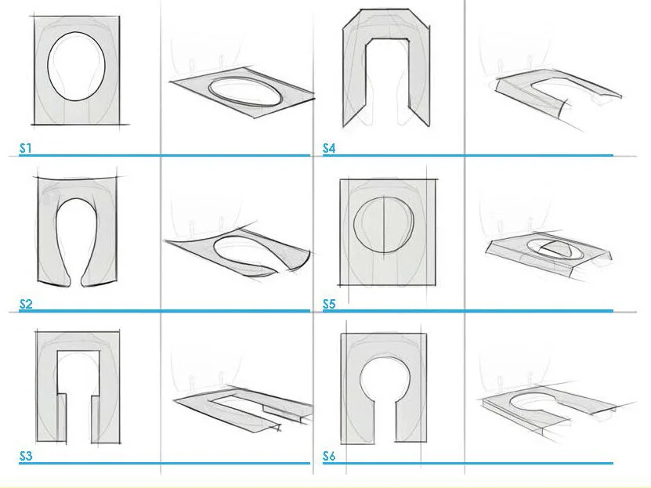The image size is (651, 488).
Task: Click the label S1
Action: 26,148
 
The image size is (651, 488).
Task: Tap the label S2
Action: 26,304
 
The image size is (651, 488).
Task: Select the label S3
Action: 26,456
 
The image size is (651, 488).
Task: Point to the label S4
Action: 329,148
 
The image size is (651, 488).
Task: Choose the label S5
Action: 329,304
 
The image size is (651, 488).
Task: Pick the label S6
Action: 329,456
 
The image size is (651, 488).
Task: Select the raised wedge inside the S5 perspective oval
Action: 555,248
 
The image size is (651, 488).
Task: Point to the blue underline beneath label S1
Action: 165,155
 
